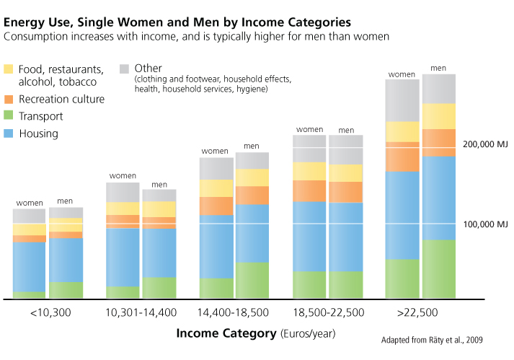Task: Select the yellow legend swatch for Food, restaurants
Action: click(x=9, y=69)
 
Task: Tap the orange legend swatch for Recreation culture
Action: click(x=9, y=99)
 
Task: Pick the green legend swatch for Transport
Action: click(x=9, y=116)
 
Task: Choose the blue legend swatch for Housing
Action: click(x=9, y=133)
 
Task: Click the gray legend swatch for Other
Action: click(x=124, y=69)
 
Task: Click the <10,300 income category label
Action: click(x=50, y=313)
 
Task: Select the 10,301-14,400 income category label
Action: click(x=141, y=313)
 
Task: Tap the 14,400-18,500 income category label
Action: click(x=234, y=313)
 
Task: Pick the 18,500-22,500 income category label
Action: click(x=328, y=313)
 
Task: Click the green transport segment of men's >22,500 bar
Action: click(x=439, y=268)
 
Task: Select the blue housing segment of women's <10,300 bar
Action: click(x=29, y=266)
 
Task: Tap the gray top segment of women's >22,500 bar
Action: click(x=402, y=100)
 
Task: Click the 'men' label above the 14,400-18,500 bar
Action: click(x=252, y=146)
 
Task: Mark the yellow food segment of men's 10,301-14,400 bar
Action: click(x=159, y=208)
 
